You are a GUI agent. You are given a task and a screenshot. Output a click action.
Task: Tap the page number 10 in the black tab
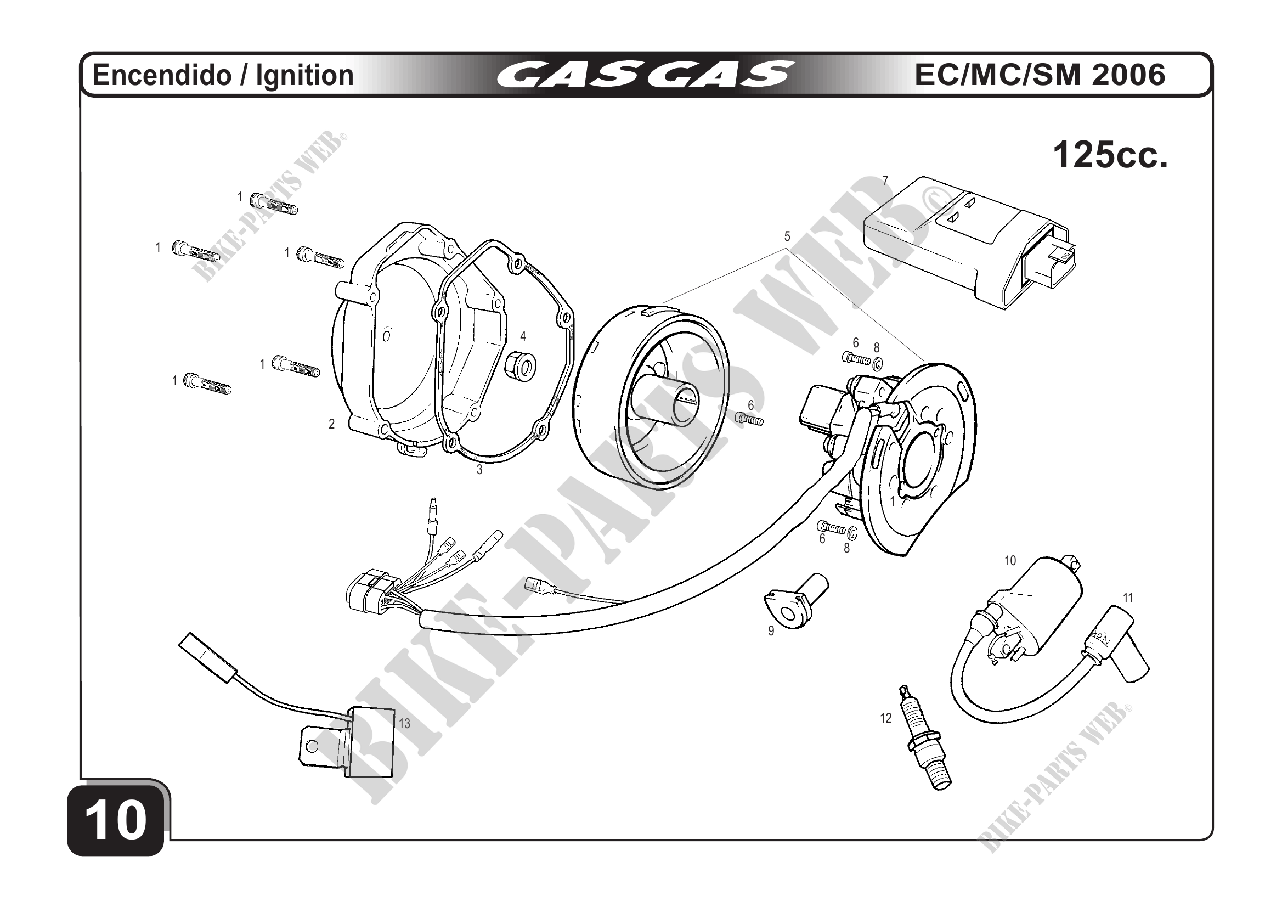[116, 820]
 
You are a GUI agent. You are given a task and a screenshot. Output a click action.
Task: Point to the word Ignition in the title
[304, 75]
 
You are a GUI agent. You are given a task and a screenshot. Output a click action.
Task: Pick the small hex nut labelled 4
[521, 365]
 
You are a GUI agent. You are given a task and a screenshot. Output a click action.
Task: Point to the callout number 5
[787, 236]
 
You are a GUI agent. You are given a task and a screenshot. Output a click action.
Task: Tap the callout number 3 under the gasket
[479, 470]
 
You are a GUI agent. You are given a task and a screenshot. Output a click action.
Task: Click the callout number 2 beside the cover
[331, 424]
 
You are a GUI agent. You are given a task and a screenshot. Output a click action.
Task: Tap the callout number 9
[771, 631]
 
